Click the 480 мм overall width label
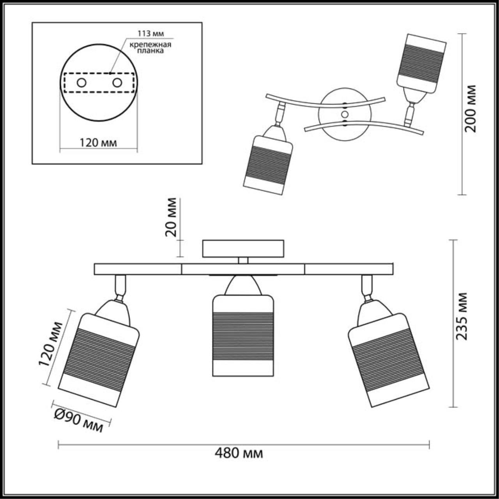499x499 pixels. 239,453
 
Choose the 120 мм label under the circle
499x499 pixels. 98,143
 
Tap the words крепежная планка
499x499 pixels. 151,47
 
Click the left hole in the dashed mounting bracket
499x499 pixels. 81,83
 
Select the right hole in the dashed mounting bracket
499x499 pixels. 117,83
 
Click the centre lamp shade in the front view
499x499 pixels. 242,335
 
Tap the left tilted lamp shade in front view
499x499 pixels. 99,361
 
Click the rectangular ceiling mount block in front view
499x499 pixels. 243,248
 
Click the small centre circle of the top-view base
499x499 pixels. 344,114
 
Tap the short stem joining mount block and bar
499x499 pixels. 243,260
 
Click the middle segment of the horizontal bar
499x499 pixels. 243,269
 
